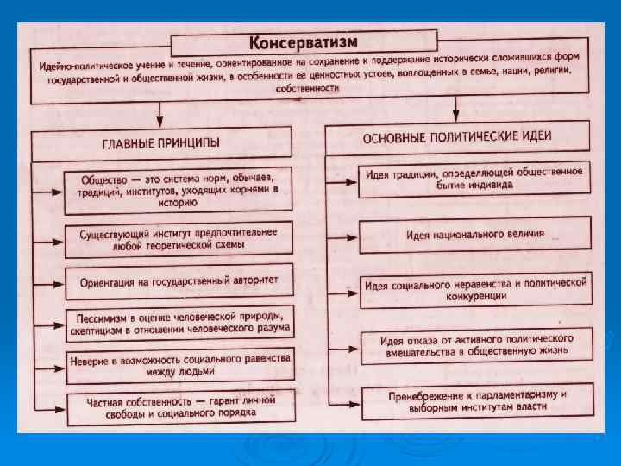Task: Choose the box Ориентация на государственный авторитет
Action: pos(179,280)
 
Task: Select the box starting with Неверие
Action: pos(179,363)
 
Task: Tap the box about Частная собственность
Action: pos(179,405)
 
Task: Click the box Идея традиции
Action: pos(474,179)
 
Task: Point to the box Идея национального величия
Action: pos(474,234)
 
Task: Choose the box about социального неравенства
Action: pos(474,289)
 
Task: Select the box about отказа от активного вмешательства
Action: pos(474,346)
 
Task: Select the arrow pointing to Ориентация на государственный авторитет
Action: pos(49,281)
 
